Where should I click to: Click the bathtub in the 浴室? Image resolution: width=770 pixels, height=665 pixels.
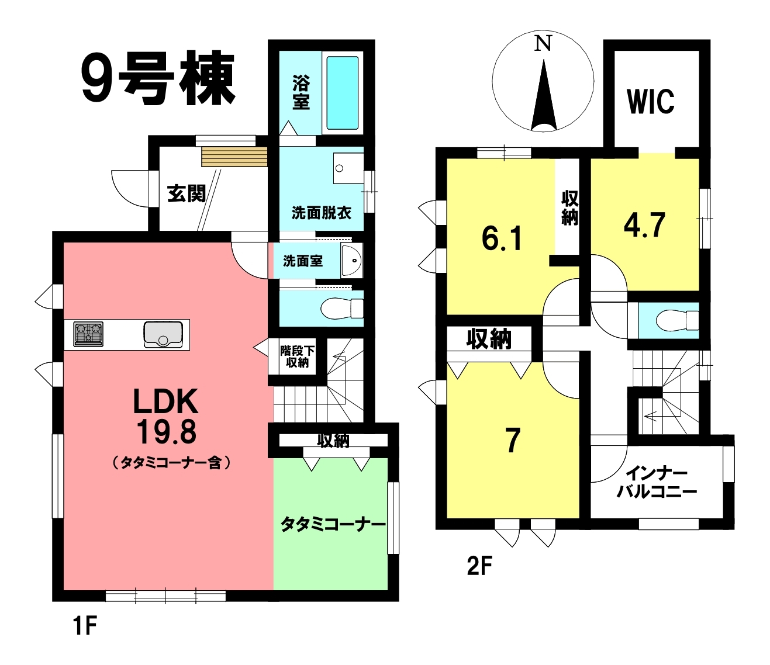pos(343,92)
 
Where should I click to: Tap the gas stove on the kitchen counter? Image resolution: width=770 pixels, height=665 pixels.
pos(88,334)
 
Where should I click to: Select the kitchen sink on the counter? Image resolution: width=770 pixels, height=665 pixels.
pos(163,335)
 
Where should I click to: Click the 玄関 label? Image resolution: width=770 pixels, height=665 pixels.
pos(187,193)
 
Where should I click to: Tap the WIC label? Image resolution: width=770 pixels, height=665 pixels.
pos(651,101)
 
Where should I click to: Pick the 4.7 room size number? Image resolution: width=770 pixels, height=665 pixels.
pos(644,225)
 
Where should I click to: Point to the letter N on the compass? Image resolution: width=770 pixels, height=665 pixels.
pos(543,43)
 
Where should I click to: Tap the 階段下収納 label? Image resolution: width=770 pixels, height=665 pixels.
pos(297,356)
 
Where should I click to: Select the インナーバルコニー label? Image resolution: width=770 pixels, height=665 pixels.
pos(657,483)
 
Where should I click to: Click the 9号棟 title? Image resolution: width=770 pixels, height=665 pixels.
pos(158,78)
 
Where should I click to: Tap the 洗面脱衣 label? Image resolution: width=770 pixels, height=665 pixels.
pos(322,213)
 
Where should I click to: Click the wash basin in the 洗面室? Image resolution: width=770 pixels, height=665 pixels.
pos(351,261)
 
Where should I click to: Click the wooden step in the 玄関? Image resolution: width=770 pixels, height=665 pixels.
pos(234,157)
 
